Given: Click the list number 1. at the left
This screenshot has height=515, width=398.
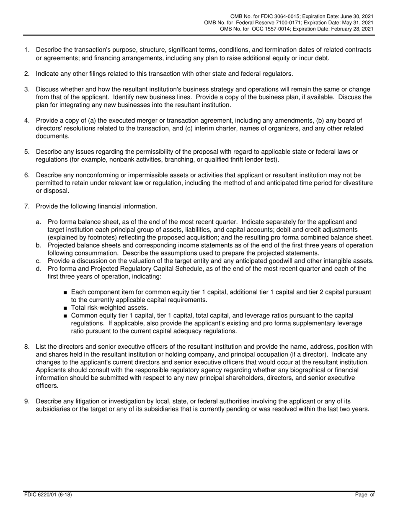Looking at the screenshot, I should (27, 50).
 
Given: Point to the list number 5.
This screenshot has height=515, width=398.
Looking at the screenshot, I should (27, 152).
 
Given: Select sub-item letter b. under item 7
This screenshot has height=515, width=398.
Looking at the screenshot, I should (39, 245).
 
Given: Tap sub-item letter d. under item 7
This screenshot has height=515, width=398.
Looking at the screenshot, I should (39, 269).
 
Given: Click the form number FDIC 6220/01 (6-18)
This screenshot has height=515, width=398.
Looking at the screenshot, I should (48, 494).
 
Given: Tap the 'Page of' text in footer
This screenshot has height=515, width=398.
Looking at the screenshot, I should (365, 494).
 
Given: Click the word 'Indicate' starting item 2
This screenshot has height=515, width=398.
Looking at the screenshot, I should (47, 74).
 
